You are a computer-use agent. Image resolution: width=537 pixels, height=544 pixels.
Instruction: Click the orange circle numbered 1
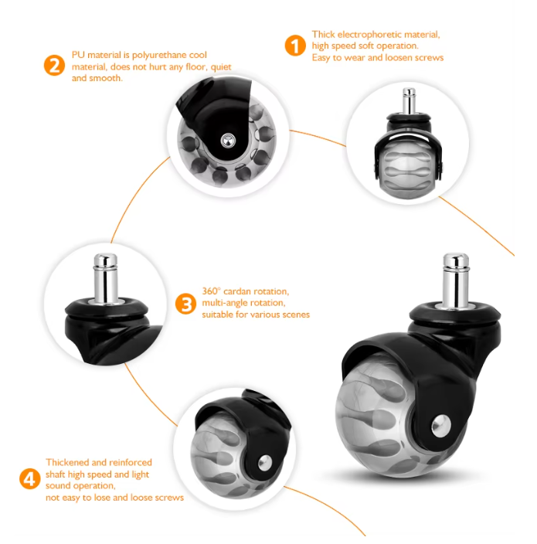295,46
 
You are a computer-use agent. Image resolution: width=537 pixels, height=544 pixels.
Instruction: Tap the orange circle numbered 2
54,65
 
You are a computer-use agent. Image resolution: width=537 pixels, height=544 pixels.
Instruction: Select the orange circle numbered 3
186,304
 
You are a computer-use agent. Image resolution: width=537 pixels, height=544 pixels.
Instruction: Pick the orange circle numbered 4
30,479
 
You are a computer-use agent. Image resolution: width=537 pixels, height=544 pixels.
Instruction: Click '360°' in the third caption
211,291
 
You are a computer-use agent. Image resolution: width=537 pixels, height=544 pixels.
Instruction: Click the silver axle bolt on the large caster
441,425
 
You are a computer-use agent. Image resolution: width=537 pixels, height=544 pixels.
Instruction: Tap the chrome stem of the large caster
456,280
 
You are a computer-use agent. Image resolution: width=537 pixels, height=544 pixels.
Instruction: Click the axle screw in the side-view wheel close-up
228,141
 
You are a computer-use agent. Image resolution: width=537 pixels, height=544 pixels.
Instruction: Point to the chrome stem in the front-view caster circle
409,101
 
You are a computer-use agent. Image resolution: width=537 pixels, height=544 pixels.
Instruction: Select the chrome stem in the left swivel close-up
106,277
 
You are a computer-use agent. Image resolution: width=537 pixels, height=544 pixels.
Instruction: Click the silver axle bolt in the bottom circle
265,463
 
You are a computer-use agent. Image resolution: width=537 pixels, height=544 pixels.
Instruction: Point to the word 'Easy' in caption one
321,58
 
